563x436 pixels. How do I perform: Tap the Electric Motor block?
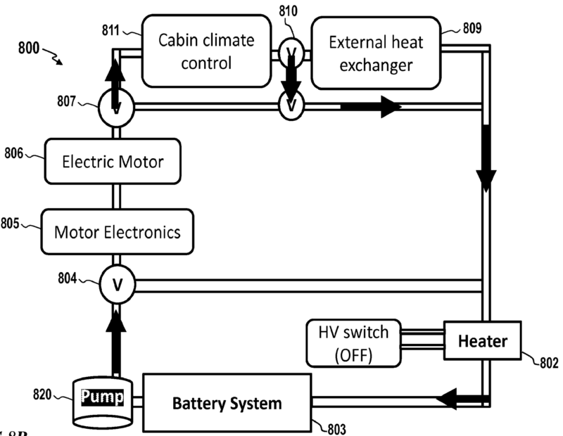click(x=113, y=162)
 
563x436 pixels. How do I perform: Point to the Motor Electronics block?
click(x=117, y=231)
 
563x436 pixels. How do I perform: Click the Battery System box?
click(x=227, y=403)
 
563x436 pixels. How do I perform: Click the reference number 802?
click(x=546, y=364)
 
